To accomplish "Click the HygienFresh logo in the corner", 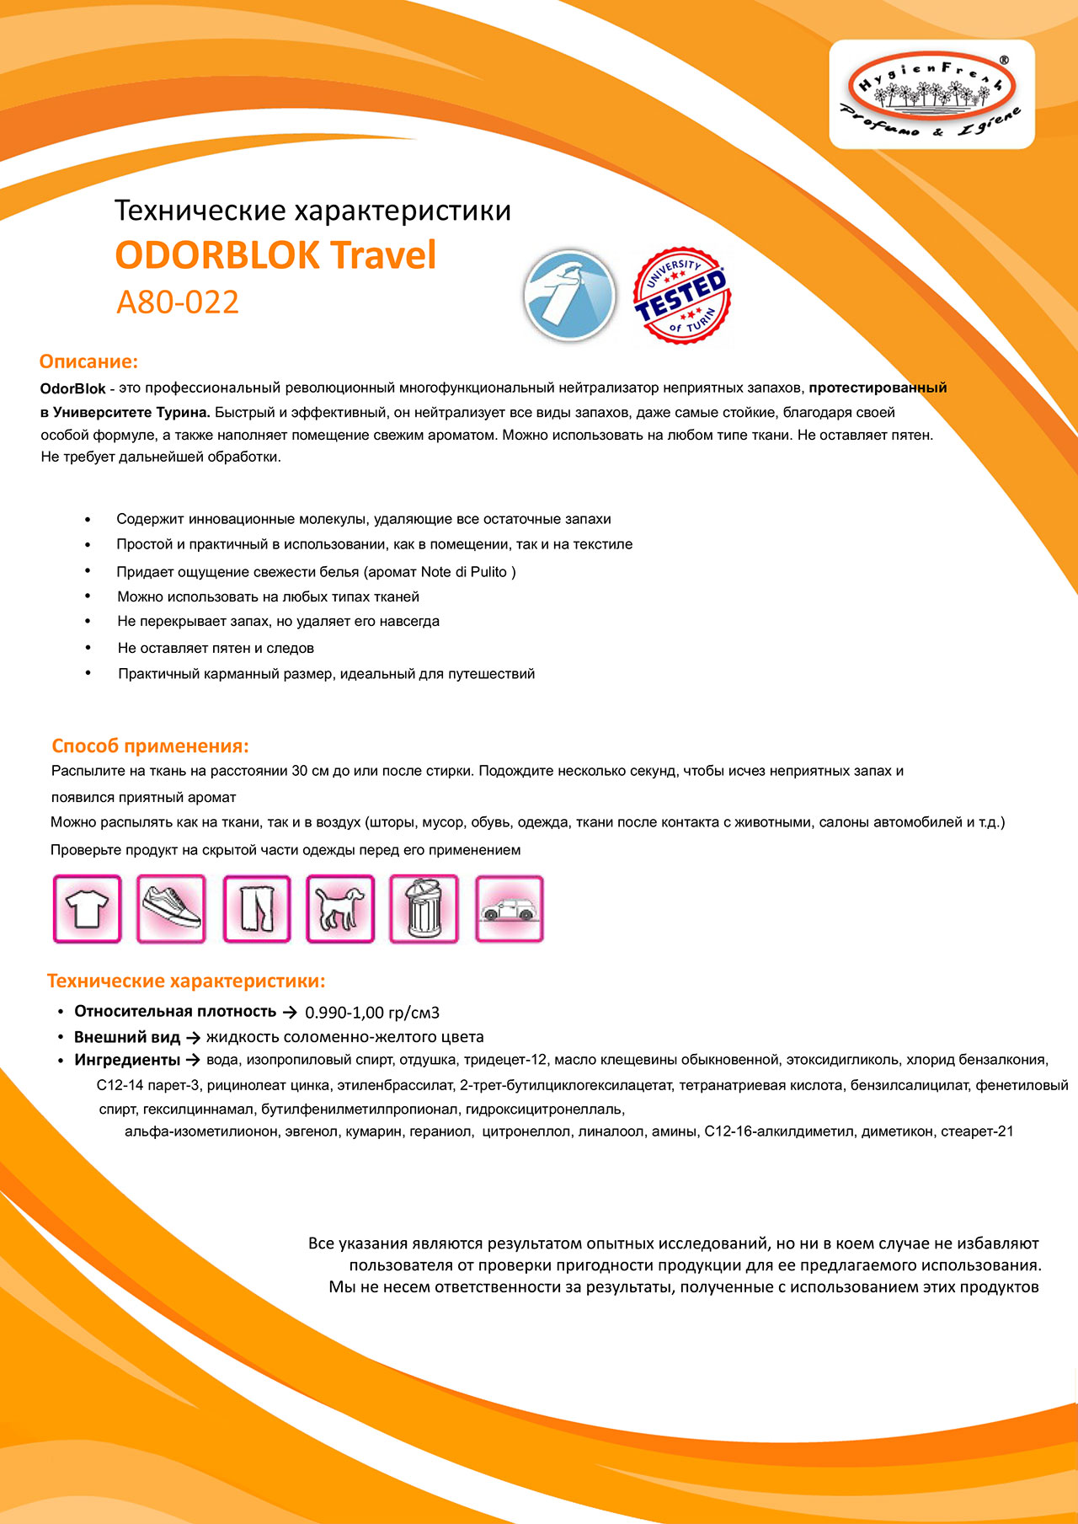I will pos(931,94).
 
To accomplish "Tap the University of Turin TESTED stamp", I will pos(681,296).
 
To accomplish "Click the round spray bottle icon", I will pos(569,297).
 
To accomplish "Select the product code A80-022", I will pos(178,302).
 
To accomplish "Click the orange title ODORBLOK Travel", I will pos(275,255).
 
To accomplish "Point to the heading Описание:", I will pos(88,361).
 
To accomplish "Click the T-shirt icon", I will pos(88,909).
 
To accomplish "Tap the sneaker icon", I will pos(171,909).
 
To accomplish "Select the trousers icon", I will pos(256,909).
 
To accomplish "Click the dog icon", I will pos(340,909).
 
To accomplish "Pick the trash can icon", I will pos(424,909).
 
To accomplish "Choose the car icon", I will pos(509,909).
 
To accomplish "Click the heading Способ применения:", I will pos(150,746).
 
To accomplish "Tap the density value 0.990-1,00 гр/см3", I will pos(372,1012).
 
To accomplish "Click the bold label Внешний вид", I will pos(127,1036).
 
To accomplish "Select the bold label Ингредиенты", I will pos(127,1060).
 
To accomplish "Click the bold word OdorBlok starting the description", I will pos(72,388).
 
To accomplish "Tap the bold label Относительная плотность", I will pos(175,1011).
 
